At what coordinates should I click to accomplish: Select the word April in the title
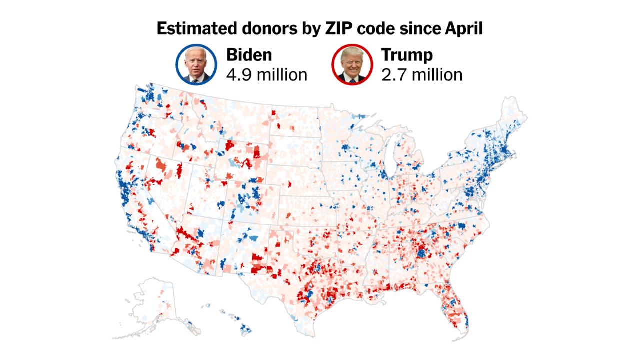(464, 29)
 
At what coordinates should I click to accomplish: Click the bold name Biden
(249, 55)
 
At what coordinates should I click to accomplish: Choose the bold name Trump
(407, 55)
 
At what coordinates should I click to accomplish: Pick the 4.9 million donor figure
(266, 75)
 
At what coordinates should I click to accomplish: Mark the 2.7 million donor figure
(421, 75)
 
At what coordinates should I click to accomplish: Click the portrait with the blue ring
(196, 65)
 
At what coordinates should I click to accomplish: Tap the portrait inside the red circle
(352, 65)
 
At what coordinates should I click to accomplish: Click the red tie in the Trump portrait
(352, 79)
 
